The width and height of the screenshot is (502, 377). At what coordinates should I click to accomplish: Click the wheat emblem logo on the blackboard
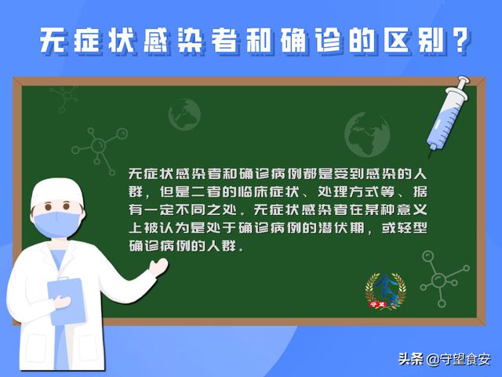[386, 291]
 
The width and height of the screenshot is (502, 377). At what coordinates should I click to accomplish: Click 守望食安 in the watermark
[467, 360]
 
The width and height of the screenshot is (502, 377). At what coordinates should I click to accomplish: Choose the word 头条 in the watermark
[411, 360]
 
